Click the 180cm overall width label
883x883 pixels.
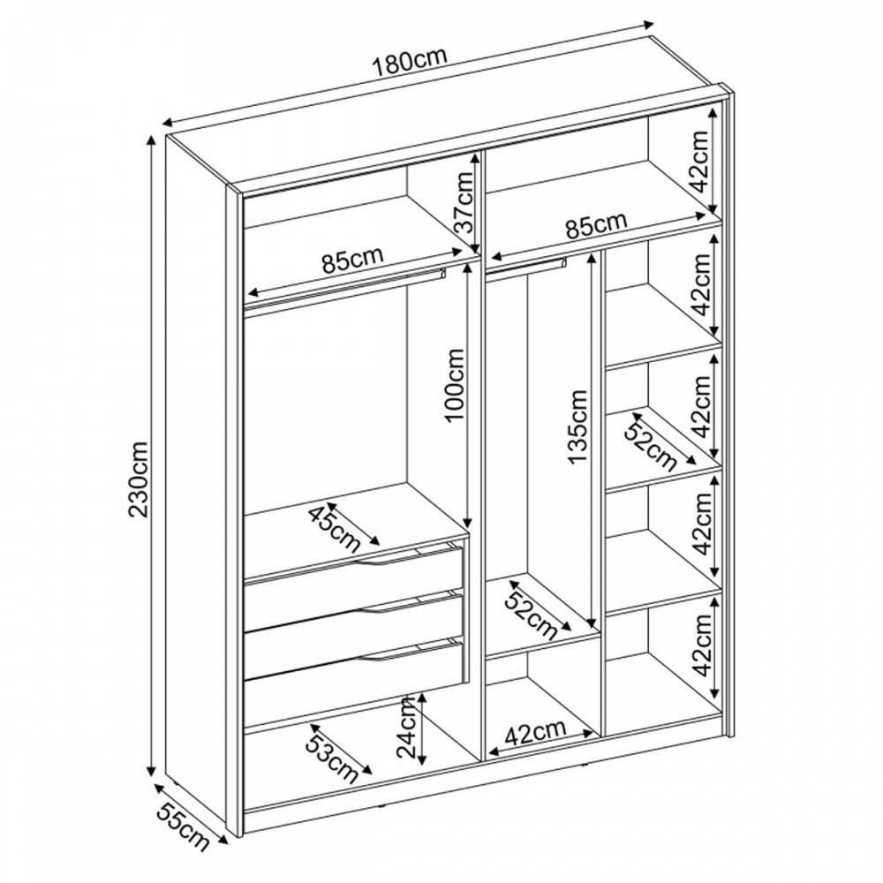pyautogui.click(x=410, y=61)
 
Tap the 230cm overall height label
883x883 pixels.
pyautogui.click(x=138, y=479)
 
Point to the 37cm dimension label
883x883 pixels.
pyautogui.click(x=465, y=203)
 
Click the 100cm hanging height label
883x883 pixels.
pyautogui.click(x=453, y=385)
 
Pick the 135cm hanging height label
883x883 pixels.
pyautogui.click(x=577, y=426)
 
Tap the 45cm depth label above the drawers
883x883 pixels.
pyautogui.click(x=335, y=529)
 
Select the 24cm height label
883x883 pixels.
pyautogui.click(x=405, y=727)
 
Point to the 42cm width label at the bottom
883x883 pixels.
pyautogui.click(x=536, y=733)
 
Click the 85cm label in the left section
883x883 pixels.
pyautogui.click(x=353, y=260)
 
